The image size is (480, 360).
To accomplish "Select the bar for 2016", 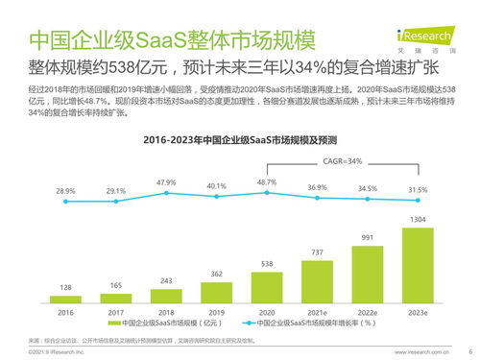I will click(x=65, y=300).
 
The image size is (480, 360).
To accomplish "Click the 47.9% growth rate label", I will click(x=166, y=181).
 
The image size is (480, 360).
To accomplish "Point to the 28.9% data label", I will click(x=65, y=191).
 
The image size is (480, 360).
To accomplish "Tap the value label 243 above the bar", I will click(x=166, y=280).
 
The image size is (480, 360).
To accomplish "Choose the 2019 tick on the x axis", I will click(x=217, y=313).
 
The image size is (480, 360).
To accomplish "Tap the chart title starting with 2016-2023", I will click(x=240, y=140).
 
